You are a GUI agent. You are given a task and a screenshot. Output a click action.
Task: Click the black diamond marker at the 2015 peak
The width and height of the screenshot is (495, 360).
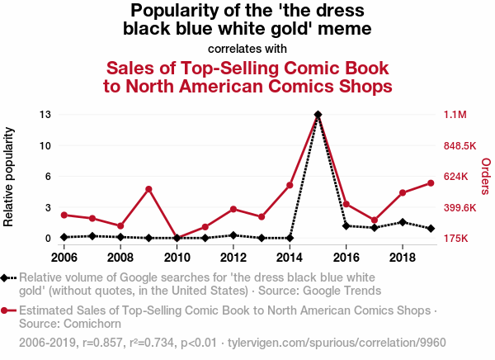click(318, 115)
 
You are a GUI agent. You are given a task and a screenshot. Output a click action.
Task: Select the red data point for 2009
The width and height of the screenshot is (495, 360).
click(148, 189)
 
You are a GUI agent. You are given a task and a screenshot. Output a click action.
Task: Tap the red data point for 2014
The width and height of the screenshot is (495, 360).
click(290, 185)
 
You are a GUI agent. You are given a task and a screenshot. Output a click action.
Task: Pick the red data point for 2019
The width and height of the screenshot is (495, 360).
click(431, 183)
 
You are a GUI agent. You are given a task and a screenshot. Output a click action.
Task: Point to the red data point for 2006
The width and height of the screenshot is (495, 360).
click(64, 215)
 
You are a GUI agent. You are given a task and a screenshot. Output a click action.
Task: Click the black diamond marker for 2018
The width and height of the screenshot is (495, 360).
click(403, 222)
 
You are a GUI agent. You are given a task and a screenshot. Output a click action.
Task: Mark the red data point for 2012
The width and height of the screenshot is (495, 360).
click(233, 209)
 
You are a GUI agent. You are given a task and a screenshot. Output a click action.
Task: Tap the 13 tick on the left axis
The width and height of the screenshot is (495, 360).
click(46, 115)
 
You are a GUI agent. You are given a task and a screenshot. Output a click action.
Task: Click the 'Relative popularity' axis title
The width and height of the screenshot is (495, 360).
click(9, 177)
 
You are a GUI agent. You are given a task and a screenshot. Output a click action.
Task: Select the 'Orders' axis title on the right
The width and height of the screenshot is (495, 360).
click(485, 177)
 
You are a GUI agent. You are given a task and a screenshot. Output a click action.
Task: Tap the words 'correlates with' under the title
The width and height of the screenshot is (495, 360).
click(247, 49)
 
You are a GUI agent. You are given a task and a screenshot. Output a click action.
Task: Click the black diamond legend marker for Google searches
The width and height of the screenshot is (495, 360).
click(7, 277)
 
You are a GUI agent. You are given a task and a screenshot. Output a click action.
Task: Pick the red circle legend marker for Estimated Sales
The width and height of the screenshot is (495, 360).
click(7, 310)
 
